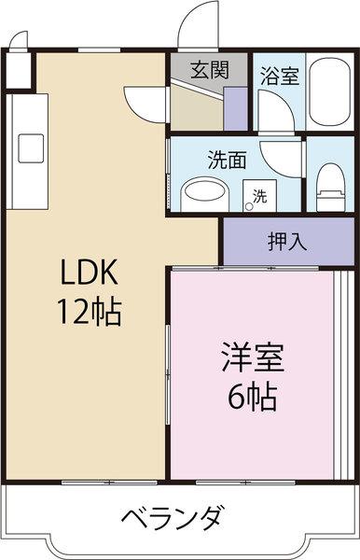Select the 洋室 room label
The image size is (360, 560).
[x=252, y=359]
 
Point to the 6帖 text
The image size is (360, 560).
[x=252, y=398]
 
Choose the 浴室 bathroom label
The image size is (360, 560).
[x=279, y=75]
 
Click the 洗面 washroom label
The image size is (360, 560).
[x=227, y=159]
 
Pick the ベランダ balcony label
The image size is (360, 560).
[x=172, y=516]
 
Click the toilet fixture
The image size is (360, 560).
[x=330, y=186]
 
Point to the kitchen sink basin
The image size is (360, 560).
[x=30, y=147]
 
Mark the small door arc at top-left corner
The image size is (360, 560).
[x=20, y=42]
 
